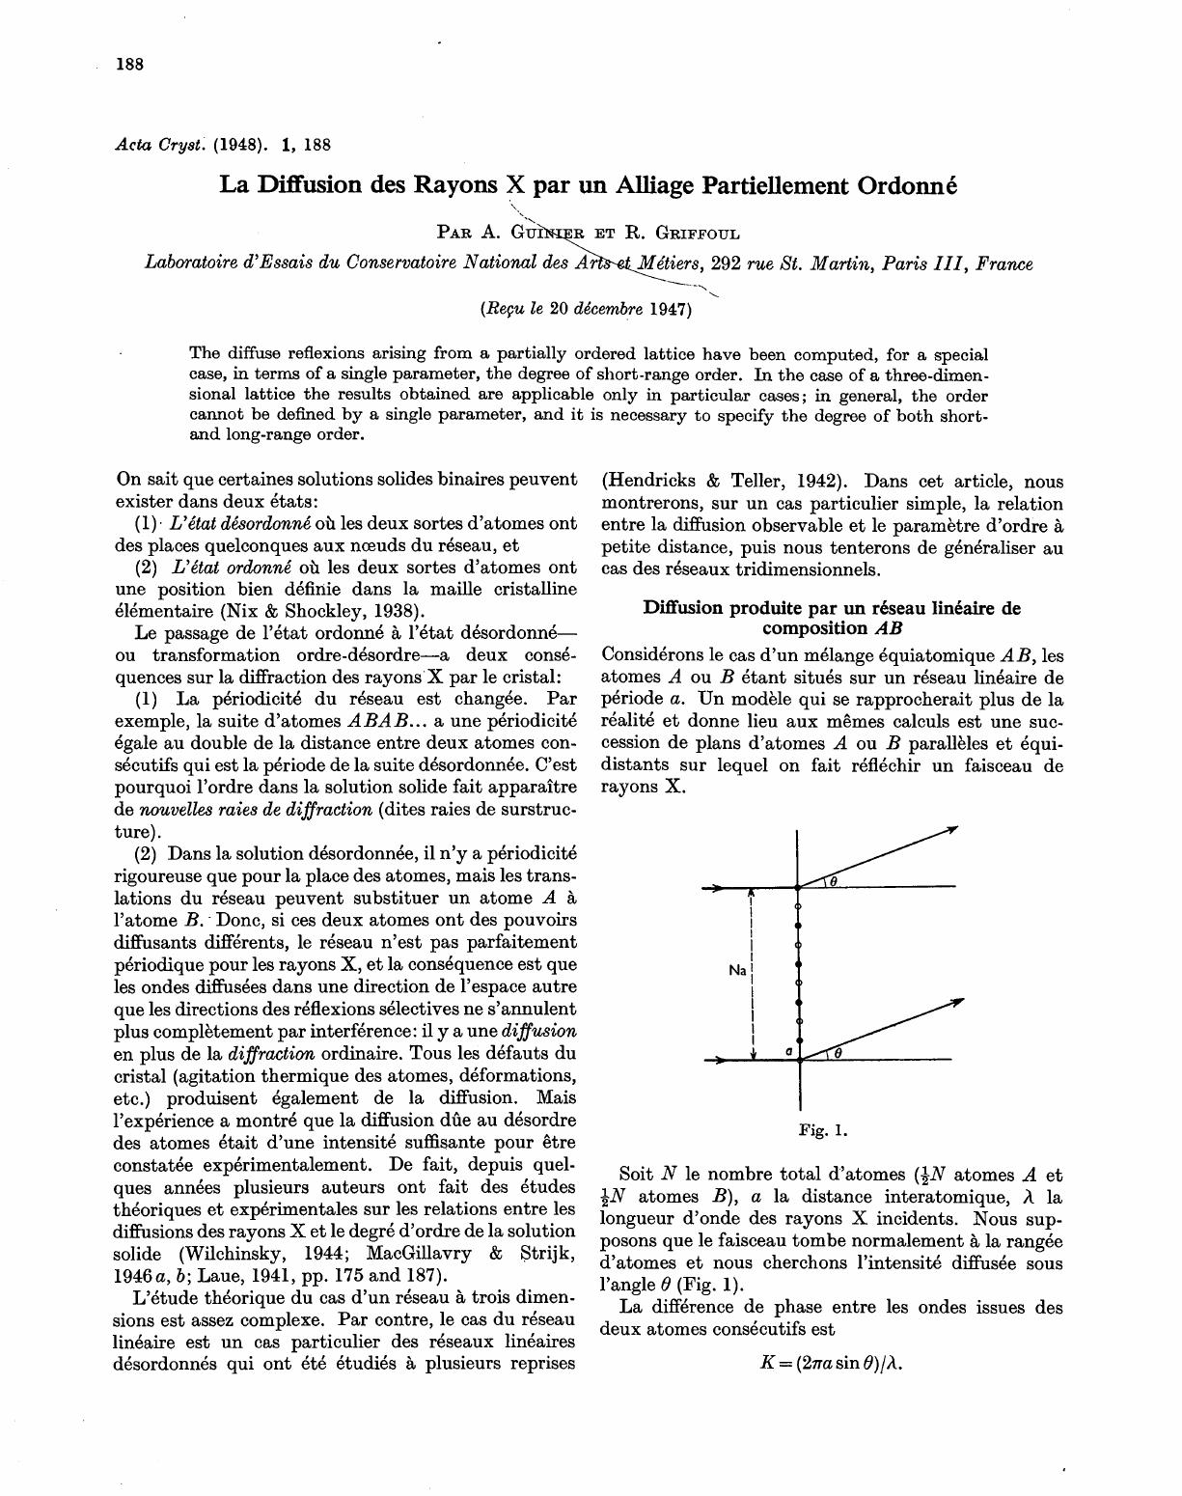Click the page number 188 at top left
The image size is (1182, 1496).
coord(129,65)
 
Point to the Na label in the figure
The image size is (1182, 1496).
coord(738,972)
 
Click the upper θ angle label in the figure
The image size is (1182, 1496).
coord(834,879)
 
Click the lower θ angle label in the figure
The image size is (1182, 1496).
coord(838,1053)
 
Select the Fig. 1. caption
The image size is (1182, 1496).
coord(822,1129)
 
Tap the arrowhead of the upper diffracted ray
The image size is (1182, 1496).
coord(952,829)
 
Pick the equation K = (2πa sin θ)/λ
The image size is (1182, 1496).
coord(831,1364)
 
